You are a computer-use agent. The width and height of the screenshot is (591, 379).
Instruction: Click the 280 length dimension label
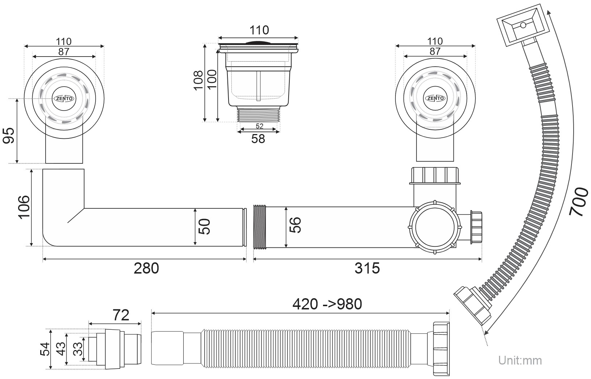pyautogui.click(x=146, y=268)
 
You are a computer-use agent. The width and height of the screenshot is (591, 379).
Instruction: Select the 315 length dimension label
pyautogui.click(x=367, y=268)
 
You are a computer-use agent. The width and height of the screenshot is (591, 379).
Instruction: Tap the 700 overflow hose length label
pyautogui.click(x=579, y=202)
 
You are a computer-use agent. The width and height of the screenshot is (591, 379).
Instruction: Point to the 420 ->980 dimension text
pyautogui.click(x=327, y=304)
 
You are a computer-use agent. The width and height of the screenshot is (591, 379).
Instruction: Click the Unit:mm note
pyautogui.click(x=520, y=361)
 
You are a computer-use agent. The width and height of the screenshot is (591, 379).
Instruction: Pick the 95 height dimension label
pyautogui.click(x=8, y=136)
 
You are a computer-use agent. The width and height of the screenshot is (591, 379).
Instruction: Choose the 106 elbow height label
pyautogui.click(x=24, y=207)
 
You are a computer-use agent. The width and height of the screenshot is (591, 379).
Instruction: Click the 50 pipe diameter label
pyautogui.click(x=205, y=227)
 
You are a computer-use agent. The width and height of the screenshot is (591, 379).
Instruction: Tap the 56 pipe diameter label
pyautogui.click(x=295, y=225)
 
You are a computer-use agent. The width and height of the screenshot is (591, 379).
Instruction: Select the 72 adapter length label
pyautogui.click(x=121, y=315)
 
